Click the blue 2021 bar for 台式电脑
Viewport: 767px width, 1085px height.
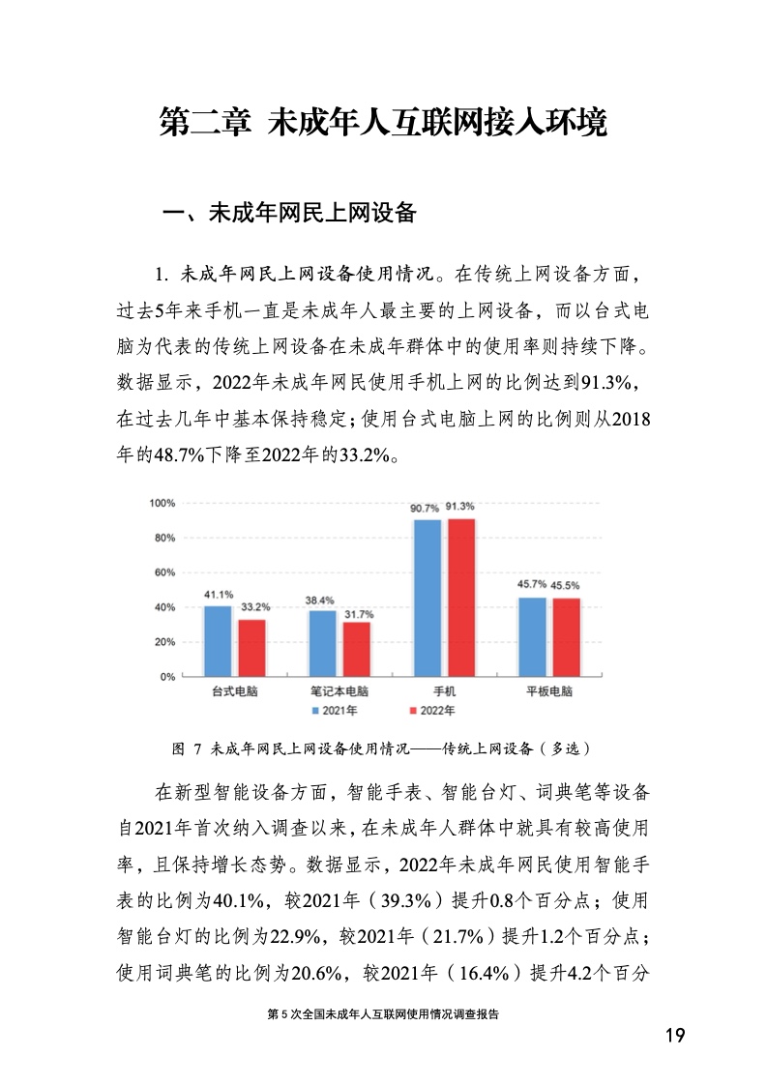(218, 641)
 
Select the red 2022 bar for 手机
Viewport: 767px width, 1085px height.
(461, 598)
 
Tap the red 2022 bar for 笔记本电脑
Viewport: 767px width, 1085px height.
(356, 649)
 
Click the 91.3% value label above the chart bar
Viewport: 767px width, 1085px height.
(460, 507)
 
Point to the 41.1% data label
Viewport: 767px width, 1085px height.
(218, 595)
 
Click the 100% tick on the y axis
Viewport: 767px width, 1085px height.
(162, 504)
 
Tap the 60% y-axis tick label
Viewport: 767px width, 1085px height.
(163, 572)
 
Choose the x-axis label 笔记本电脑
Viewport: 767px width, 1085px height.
(339, 692)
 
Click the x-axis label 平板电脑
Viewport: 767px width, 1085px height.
(548, 692)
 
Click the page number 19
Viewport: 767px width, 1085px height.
(675, 1037)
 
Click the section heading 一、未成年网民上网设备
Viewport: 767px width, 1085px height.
(287, 214)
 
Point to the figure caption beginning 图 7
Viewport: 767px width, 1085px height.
(380, 748)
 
